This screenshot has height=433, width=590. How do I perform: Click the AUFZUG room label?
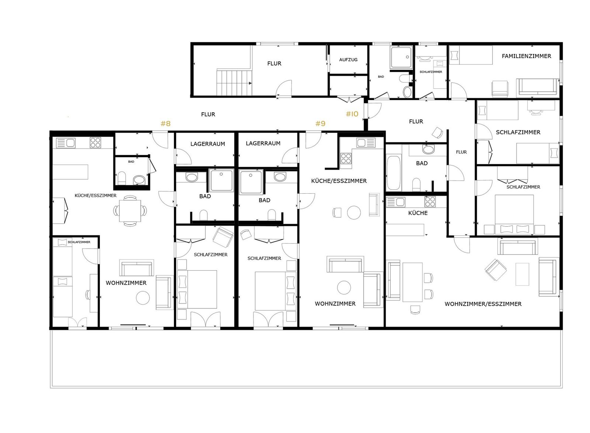pos(348,60)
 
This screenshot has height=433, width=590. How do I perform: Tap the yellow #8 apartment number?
pos(166,123)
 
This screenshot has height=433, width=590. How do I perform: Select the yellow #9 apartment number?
pos(320,123)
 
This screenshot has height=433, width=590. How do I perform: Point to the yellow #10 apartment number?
pos(352,114)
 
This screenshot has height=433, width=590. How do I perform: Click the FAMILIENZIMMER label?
pos(526,56)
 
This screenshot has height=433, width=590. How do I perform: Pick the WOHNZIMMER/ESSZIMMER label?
pos(483,304)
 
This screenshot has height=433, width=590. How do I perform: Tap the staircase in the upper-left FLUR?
pos(234,82)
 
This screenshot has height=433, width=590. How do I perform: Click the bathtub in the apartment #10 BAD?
pos(393,173)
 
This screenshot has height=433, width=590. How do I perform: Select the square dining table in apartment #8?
pos(130,211)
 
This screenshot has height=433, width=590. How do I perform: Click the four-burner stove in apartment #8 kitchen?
pos(95,142)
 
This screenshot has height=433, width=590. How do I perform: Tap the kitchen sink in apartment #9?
pos(366,143)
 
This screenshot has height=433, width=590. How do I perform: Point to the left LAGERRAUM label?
pos(208,144)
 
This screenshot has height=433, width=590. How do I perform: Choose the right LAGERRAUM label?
pos(263,143)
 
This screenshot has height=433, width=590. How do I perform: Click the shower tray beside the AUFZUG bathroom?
pos(401,57)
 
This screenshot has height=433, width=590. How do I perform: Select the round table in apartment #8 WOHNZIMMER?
pos(143,298)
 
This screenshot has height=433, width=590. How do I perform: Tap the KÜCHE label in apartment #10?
pos(418,213)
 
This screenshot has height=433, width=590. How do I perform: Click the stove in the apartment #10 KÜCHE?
pos(430,202)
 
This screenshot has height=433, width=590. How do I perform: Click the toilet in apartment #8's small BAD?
pos(121,178)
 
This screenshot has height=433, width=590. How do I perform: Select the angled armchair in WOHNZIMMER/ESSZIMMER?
pos(496,270)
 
